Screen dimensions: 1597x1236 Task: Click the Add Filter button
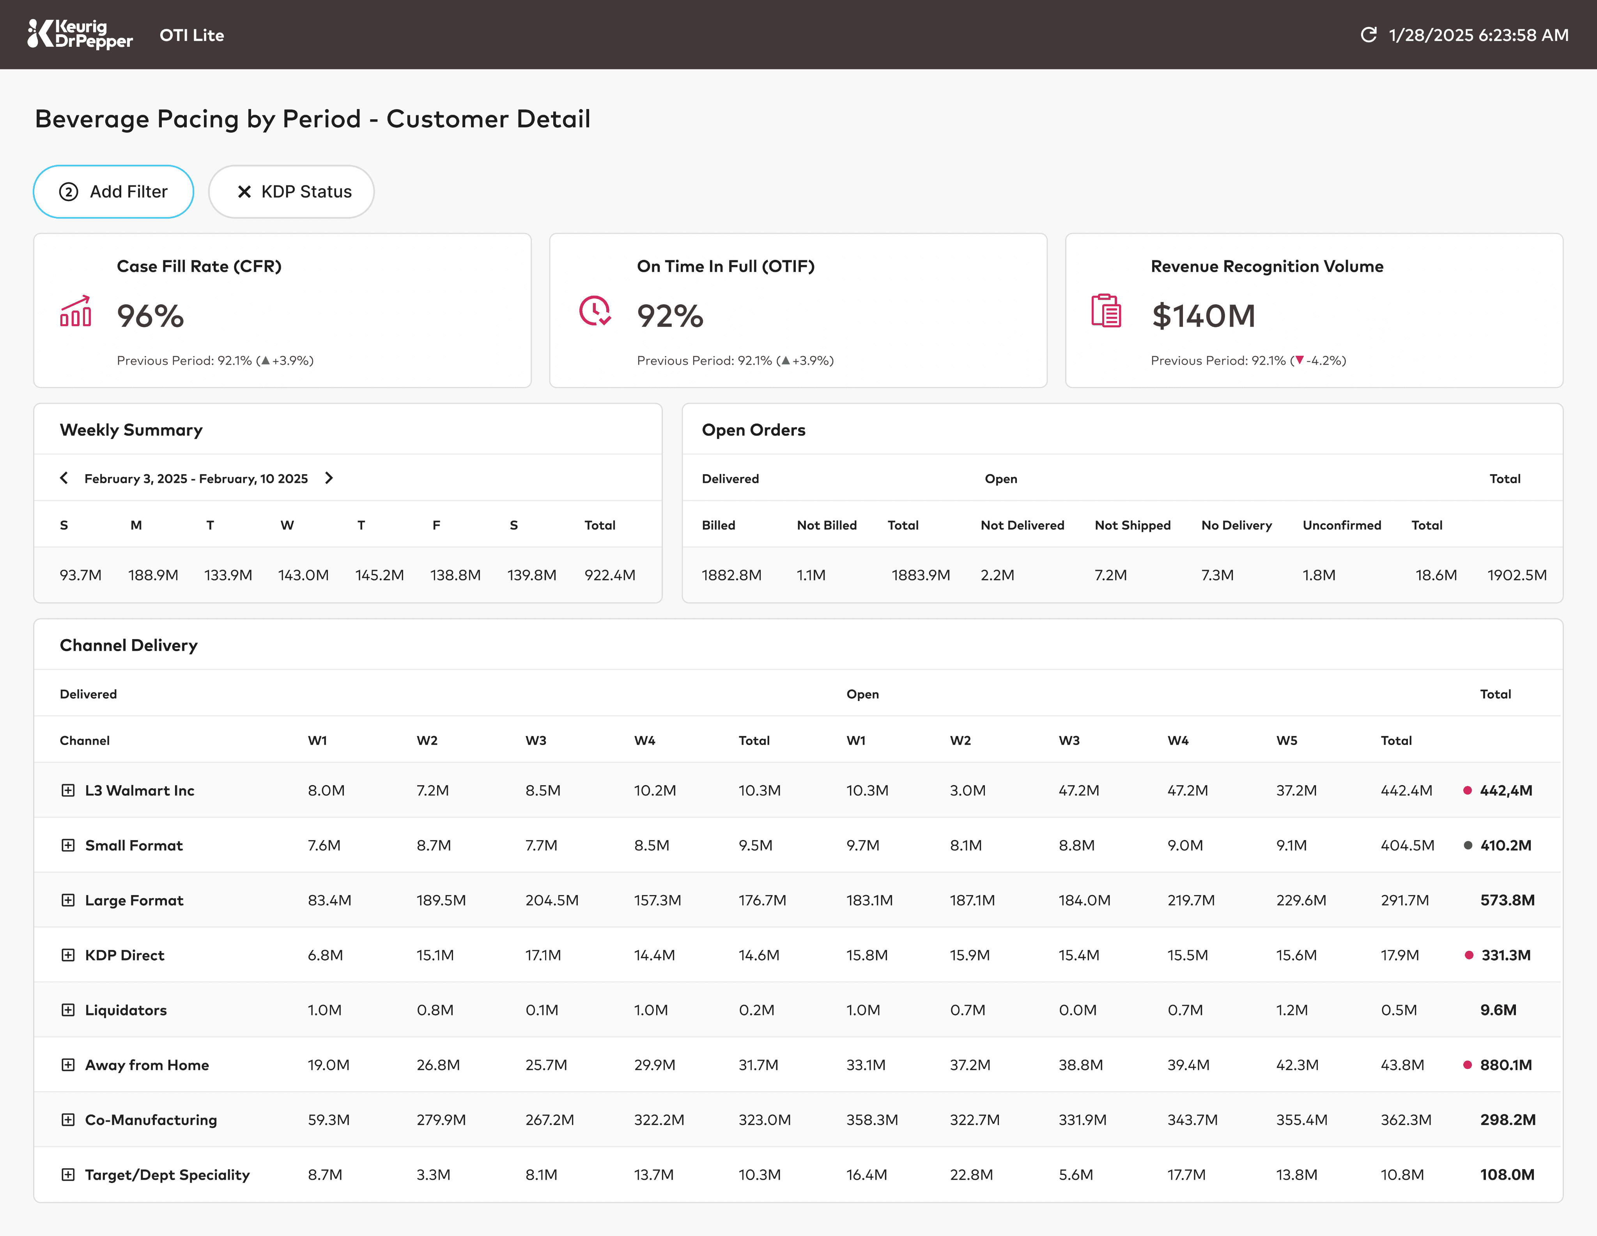tap(113, 191)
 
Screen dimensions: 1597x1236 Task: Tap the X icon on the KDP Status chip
tap(244, 191)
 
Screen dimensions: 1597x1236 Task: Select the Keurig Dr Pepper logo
tap(80, 34)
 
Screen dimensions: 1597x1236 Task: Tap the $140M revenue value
tap(1204, 316)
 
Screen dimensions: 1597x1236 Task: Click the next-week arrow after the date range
tap(329, 478)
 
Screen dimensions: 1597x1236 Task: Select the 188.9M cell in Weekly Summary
tap(154, 575)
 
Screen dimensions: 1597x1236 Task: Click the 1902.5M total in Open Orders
tap(1517, 575)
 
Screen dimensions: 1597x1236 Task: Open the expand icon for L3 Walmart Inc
tap(68, 790)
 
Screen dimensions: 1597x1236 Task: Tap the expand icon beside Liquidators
tap(68, 1010)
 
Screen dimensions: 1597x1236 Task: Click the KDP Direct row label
tap(125, 955)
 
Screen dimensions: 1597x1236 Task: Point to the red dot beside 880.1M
tap(1467, 1065)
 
